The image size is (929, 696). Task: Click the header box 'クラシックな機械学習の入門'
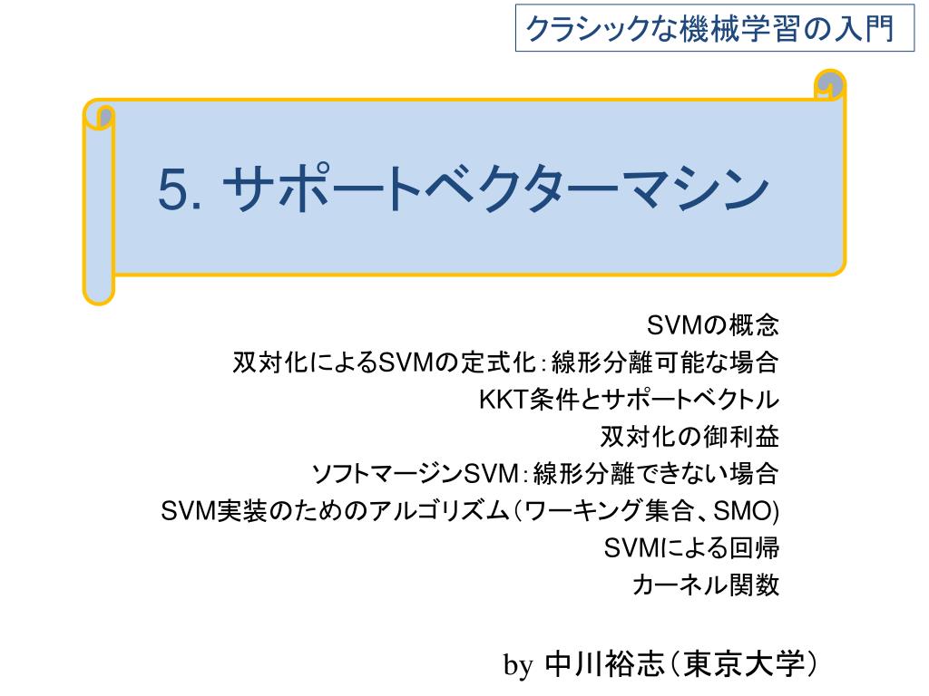715,28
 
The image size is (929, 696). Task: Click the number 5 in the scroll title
172,189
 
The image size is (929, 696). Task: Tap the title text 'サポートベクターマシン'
495,188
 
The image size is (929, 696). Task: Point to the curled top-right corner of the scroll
829,84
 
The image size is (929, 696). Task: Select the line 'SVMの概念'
713,325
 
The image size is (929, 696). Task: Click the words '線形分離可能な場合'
665,362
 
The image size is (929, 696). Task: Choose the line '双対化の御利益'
689,437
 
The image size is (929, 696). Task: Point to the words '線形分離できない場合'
656,474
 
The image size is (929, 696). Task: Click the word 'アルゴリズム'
440,511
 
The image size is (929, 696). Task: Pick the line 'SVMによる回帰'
691,548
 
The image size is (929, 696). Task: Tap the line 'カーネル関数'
706,585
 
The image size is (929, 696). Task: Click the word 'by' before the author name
518,665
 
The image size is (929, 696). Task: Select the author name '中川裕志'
604,664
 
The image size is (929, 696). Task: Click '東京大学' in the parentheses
744,664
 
